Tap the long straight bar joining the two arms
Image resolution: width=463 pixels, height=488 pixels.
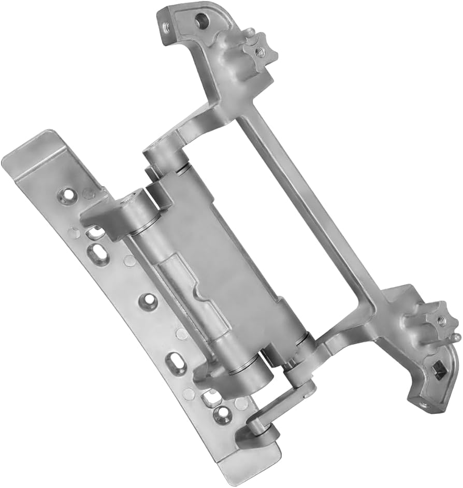point(306,202)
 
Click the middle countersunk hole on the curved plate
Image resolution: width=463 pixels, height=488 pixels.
point(149,299)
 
